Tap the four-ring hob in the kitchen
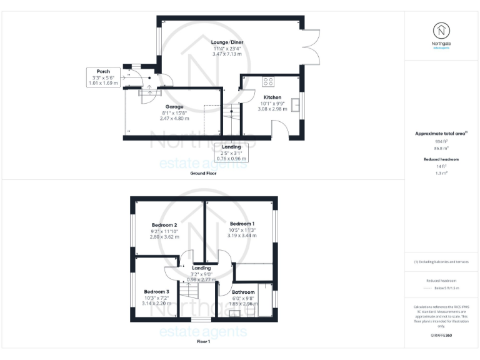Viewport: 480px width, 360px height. click(268, 81)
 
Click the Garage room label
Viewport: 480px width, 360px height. click(174, 107)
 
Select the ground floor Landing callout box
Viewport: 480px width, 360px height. click(231, 153)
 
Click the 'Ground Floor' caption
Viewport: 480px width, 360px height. click(204, 173)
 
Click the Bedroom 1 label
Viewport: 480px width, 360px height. click(242, 224)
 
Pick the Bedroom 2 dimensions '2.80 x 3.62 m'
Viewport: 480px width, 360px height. click(164, 237)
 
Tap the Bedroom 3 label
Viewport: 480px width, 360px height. click(156, 292)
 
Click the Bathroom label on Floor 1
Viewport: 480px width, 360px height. click(243, 292)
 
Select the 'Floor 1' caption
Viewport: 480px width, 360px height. click(204, 342)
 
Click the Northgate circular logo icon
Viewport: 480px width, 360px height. click(442, 30)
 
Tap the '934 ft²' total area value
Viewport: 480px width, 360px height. click(442, 141)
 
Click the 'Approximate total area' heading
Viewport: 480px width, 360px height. click(441, 133)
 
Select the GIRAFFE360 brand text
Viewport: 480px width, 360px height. click(441, 336)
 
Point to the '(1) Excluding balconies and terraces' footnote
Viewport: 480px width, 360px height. click(441, 262)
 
